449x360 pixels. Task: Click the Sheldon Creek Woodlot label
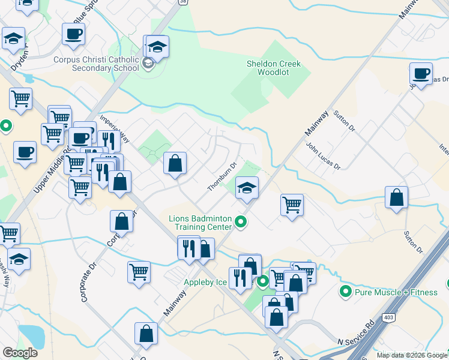(x=274, y=68)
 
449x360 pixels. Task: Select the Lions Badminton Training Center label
(x=200, y=223)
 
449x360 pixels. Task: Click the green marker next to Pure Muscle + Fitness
(x=345, y=292)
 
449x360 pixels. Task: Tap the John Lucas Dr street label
(x=323, y=156)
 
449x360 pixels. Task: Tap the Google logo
(x=20, y=353)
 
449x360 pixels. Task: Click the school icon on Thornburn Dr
(x=246, y=188)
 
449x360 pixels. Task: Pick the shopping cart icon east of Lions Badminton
(x=292, y=205)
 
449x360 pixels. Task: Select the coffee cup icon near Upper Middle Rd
(x=25, y=152)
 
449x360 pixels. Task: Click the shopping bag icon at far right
(x=397, y=198)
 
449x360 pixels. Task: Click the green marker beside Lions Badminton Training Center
(x=241, y=223)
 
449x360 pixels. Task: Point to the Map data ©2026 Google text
(x=411, y=355)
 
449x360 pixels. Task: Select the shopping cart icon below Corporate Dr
(x=139, y=272)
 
